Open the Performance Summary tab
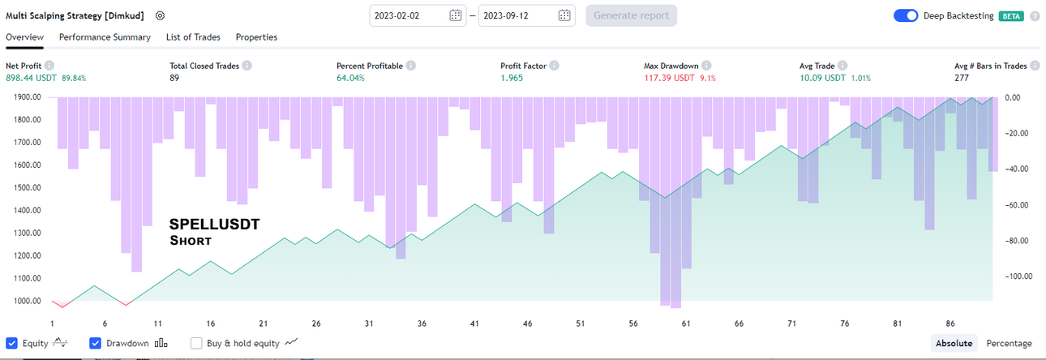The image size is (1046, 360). [105, 36]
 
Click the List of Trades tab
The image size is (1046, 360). [193, 36]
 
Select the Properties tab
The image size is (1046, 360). [256, 36]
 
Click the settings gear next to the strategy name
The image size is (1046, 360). [160, 15]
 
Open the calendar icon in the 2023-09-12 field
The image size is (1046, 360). [564, 15]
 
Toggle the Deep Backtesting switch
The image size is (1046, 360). [906, 15]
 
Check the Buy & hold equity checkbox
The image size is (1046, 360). [196, 343]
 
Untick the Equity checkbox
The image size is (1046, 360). [11, 343]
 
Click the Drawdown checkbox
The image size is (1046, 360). [95, 343]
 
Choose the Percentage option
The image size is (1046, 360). [1009, 343]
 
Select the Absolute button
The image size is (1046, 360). [954, 343]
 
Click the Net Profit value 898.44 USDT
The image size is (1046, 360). [31, 78]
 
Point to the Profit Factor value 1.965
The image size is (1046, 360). [512, 78]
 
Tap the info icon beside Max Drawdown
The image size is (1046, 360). [706, 66]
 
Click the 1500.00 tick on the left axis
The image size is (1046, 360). [27, 188]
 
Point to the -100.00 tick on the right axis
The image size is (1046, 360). [1018, 276]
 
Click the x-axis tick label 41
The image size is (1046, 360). [474, 324]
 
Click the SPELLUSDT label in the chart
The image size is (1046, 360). [214, 225]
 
